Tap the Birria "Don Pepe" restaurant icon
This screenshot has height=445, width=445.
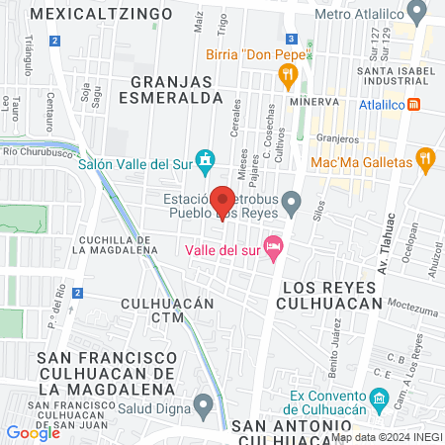tap(289, 72)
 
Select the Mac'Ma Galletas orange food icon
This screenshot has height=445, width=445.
tap(427, 159)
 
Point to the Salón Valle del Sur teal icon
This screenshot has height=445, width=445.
tap(205, 159)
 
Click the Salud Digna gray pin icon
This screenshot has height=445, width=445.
tap(205, 403)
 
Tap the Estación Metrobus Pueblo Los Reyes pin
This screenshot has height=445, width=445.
tap(291, 205)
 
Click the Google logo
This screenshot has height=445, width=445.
tap(33, 432)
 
